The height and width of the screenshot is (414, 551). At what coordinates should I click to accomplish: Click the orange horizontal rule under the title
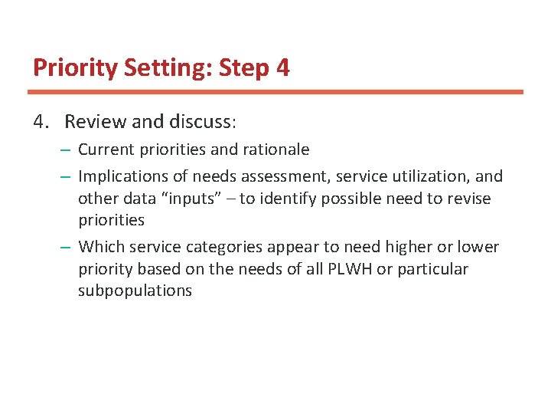(275, 92)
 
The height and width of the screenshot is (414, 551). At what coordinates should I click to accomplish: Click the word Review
(91, 122)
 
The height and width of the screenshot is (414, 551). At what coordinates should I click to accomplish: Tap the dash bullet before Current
(67, 149)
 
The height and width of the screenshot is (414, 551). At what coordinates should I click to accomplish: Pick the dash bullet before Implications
(67, 177)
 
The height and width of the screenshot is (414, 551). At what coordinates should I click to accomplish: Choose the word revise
(468, 199)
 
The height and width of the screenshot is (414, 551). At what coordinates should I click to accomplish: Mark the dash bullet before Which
(67, 248)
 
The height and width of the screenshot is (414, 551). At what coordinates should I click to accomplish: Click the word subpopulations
(135, 291)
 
